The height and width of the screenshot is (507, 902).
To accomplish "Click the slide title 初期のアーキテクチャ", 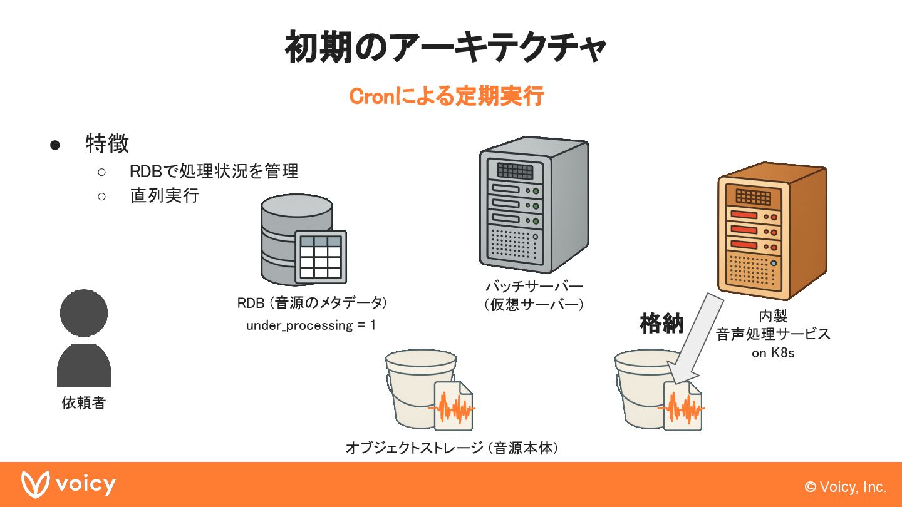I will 445,48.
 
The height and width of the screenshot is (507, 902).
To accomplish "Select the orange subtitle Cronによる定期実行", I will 446,97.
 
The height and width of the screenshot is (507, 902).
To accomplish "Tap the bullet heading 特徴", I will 107,144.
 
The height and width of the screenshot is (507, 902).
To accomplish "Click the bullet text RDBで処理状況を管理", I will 214,171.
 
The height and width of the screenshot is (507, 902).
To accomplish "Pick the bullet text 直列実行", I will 164,196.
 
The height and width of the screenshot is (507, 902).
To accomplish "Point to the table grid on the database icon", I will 321,257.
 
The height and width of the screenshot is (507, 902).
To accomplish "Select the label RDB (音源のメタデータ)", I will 312,303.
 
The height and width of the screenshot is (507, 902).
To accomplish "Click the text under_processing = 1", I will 311,325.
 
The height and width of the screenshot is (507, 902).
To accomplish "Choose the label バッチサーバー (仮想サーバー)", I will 534,295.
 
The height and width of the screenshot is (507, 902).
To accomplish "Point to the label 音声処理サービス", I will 773,334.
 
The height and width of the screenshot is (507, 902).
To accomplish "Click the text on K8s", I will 773,353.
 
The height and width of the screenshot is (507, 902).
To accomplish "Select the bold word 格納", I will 661,324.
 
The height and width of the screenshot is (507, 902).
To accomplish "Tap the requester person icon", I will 84,338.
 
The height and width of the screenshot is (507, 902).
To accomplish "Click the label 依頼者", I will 83,403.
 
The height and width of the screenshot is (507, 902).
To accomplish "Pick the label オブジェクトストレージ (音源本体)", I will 452,448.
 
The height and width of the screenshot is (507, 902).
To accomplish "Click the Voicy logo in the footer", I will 69,484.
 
